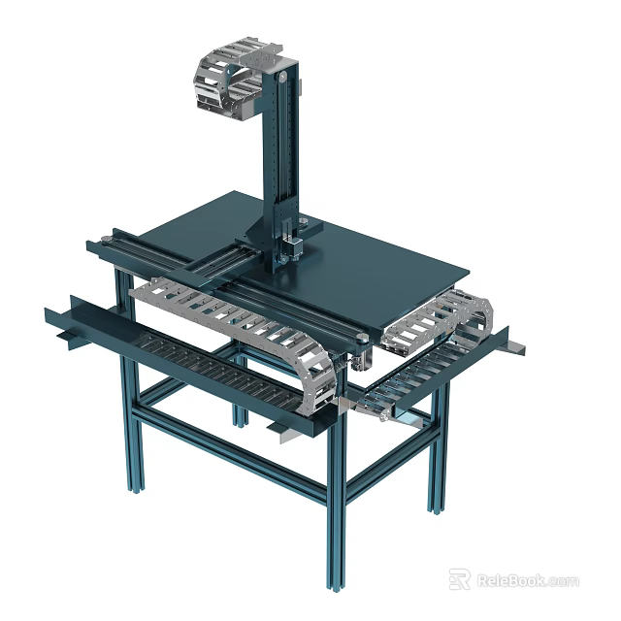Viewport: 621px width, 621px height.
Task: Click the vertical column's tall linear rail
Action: pyautogui.click(x=281, y=155)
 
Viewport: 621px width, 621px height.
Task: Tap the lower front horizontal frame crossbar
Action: pyautogui.click(x=233, y=456)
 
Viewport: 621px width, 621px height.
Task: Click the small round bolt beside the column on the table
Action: pyautogui.click(x=304, y=226)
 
